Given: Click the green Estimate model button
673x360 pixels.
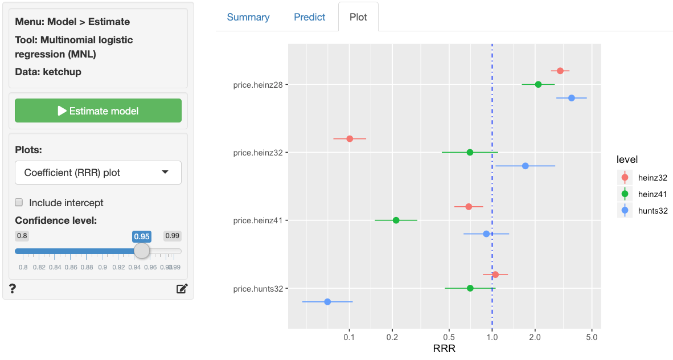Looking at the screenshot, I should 98,111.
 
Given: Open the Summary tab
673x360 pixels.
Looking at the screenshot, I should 248,17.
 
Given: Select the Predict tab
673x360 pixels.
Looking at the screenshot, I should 309,17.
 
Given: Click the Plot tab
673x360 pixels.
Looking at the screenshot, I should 358,17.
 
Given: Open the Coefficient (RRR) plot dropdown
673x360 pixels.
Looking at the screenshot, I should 98,173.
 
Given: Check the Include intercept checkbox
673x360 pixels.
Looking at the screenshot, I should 19,202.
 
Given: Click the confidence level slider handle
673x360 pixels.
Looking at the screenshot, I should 141,251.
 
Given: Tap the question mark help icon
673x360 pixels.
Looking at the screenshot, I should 13,289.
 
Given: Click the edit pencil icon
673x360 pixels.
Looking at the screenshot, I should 182,289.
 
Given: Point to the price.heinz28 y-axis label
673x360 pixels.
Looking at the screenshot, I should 258,85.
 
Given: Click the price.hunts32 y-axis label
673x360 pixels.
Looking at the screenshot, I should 258,289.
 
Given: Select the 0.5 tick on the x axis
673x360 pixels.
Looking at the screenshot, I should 449,337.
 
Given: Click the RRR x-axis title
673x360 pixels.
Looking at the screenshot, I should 444,349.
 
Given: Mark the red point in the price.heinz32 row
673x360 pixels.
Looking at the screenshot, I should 350,138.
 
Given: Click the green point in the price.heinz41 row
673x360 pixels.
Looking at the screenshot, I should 396,220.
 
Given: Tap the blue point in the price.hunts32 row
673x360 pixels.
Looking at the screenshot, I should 327,301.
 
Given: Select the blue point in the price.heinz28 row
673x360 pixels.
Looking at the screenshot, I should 571,98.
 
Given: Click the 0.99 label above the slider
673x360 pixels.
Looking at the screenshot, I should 172,236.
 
